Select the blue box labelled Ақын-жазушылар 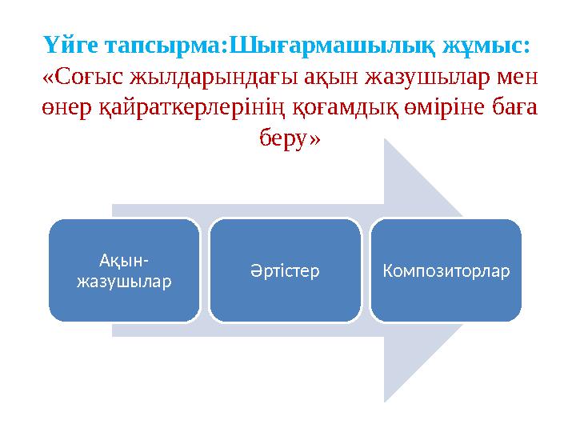[124, 270]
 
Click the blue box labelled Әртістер [286, 270]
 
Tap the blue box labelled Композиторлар [446, 270]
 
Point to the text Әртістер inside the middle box [286, 271]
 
